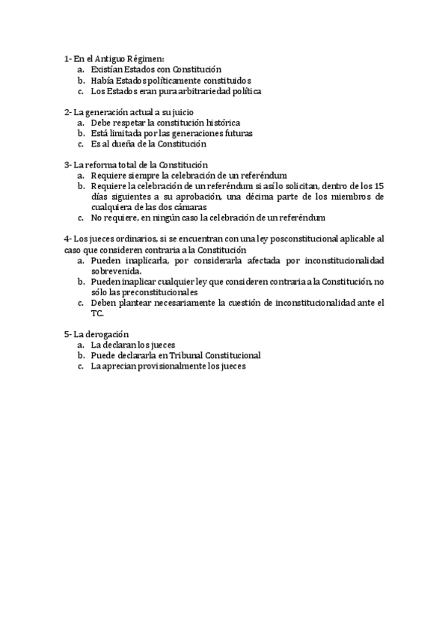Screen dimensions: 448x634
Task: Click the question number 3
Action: pos(66,164)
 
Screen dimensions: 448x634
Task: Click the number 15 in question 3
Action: pos(379,185)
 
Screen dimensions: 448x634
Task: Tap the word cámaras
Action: pos(188,206)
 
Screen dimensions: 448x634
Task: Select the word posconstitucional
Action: pos(280,238)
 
